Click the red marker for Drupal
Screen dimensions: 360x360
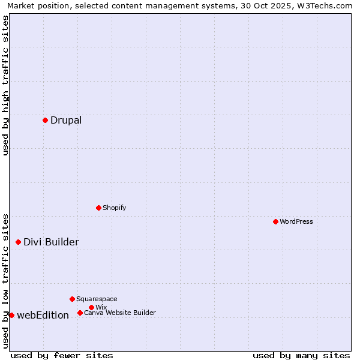coord(45,120)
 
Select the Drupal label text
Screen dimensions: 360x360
coord(66,120)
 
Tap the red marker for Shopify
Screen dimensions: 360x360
coord(98,208)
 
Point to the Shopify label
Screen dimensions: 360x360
coord(114,208)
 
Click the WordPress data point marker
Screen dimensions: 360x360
coord(275,221)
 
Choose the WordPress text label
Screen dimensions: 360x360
coord(296,221)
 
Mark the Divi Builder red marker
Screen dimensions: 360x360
coord(18,242)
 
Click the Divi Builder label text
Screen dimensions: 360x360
coord(51,242)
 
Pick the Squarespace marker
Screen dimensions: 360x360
coord(72,299)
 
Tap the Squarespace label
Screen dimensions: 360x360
coord(97,299)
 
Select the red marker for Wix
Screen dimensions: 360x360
coord(91,307)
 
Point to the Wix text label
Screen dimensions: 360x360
coord(101,307)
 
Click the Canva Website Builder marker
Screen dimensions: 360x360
coord(80,313)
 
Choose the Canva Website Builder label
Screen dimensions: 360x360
coord(119,313)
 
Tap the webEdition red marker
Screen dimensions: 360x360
coord(11,315)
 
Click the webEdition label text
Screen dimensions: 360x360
coord(43,315)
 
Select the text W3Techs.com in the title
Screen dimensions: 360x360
coord(328,6)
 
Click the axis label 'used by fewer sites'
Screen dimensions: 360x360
coord(62,355)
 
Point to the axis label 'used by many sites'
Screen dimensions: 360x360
coord(301,355)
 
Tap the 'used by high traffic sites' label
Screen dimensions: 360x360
coord(6,85)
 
